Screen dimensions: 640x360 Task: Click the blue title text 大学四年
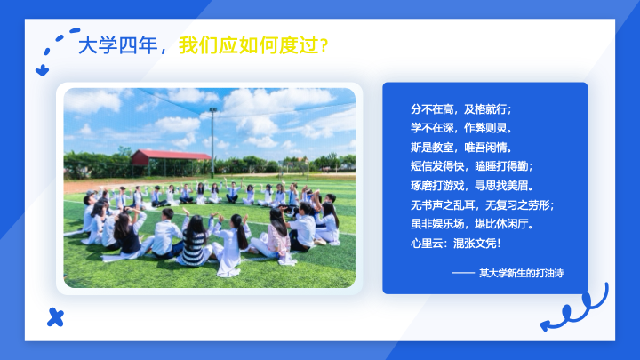[x=117, y=45]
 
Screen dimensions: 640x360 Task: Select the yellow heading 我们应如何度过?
[x=253, y=45]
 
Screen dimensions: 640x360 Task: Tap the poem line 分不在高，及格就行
[x=460, y=109]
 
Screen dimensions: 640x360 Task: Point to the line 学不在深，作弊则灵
[x=460, y=128]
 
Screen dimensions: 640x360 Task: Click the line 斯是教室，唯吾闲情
[x=460, y=147]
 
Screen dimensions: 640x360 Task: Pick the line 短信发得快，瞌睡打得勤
[x=471, y=166]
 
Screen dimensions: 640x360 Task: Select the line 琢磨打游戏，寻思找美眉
[x=471, y=186]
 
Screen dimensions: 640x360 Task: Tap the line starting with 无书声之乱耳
[x=482, y=205]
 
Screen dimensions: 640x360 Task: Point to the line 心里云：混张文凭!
[x=455, y=244]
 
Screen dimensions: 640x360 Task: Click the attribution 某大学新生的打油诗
[x=521, y=273]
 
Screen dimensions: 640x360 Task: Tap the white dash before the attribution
[x=463, y=273]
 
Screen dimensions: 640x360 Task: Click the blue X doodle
[x=55, y=317]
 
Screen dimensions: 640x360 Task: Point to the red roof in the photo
[x=171, y=155]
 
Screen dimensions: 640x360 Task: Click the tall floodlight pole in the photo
[x=212, y=143]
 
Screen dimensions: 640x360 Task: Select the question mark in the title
[x=324, y=45]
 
